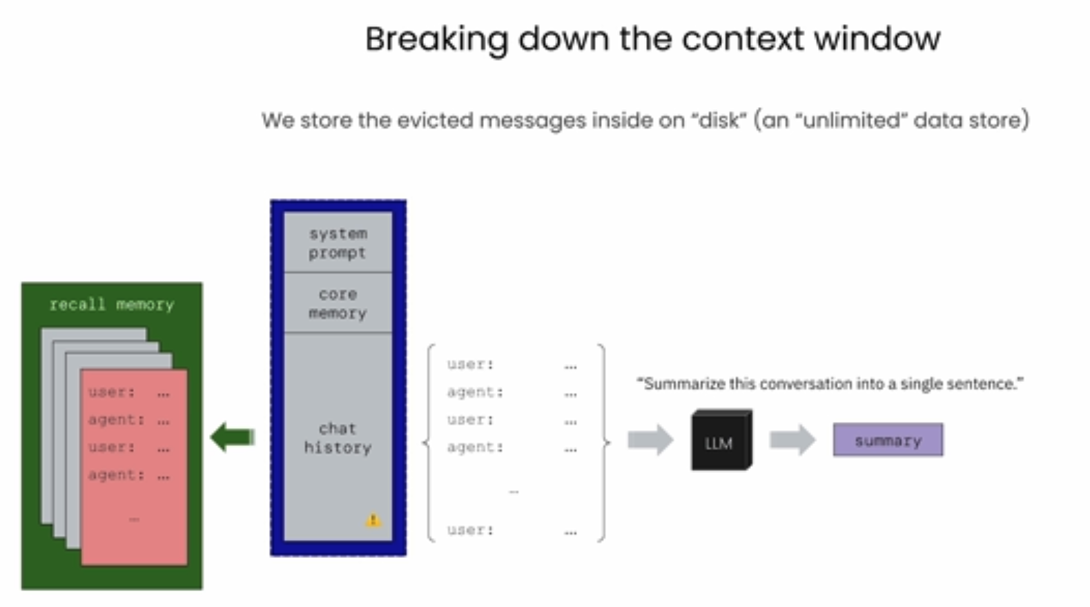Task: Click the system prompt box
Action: coord(338,242)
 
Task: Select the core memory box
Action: coord(338,302)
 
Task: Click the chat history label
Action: coord(338,438)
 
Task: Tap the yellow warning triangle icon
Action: coord(373,521)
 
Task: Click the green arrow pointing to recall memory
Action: coord(233,436)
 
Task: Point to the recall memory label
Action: coord(112,305)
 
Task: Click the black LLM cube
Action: coord(721,440)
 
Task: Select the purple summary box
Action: coord(888,440)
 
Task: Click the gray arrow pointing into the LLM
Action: coord(650,440)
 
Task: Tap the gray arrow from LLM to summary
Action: coord(792,440)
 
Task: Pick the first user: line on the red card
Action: coord(129,392)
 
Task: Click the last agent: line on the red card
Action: coord(129,475)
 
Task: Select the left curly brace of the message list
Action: coord(429,443)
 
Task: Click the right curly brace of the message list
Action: coord(603,443)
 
